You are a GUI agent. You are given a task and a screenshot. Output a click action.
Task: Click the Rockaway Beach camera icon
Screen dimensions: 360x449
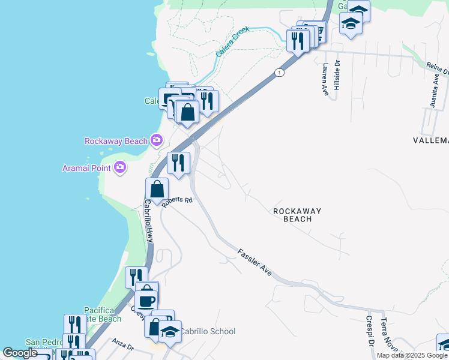click(x=156, y=140)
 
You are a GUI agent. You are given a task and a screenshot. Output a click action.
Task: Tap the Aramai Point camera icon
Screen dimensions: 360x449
click(x=120, y=167)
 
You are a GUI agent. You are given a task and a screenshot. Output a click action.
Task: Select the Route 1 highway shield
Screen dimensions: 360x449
click(x=279, y=73)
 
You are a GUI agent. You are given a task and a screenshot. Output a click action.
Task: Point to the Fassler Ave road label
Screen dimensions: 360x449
click(x=255, y=262)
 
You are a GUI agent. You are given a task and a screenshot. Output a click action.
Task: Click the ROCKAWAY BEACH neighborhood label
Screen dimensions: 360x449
click(x=297, y=215)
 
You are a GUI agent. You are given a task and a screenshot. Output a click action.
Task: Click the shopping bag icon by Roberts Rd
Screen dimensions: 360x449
click(x=157, y=189)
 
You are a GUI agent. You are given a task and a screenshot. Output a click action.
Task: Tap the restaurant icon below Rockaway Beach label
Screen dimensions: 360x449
click(x=178, y=162)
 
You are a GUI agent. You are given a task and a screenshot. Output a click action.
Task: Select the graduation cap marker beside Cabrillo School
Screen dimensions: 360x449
click(x=170, y=331)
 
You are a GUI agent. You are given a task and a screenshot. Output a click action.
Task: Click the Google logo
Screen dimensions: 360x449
click(x=20, y=353)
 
